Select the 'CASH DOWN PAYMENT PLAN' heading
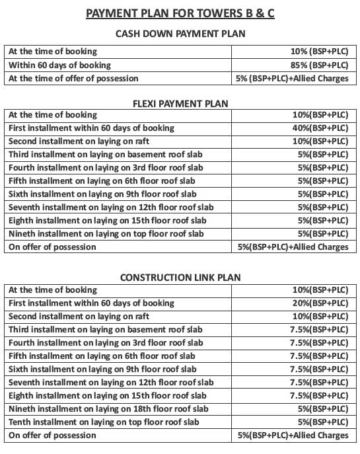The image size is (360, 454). (x=180, y=34)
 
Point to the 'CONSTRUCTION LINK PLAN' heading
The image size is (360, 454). (x=180, y=277)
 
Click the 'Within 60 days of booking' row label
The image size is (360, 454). (x=60, y=65)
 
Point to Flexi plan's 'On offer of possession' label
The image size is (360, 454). (x=53, y=247)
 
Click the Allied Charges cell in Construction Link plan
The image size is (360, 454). (x=293, y=435)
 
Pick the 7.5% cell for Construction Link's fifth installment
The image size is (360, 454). (x=318, y=356)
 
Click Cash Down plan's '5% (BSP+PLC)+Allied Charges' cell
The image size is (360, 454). (x=291, y=78)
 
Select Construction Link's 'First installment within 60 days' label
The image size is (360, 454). (x=92, y=303)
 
